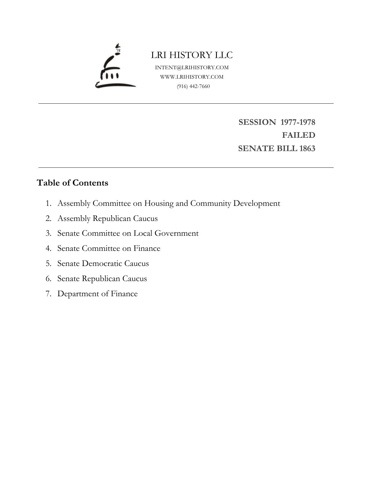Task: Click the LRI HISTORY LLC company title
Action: click(192, 55)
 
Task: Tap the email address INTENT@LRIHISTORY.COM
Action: click(192, 67)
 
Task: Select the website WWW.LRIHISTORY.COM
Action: click(192, 77)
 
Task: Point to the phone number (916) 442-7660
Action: click(193, 86)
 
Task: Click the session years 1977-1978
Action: click(298, 122)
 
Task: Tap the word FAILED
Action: click(299, 135)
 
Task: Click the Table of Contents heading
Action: click(72, 183)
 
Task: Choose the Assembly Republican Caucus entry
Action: click(107, 219)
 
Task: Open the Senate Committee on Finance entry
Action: click(109, 248)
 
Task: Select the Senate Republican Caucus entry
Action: click(102, 279)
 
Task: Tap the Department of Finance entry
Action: click(97, 294)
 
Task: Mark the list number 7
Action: click(48, 294)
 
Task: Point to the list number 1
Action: click(48, 203)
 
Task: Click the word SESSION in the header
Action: click(257, 122)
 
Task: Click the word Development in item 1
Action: click(257, 203)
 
